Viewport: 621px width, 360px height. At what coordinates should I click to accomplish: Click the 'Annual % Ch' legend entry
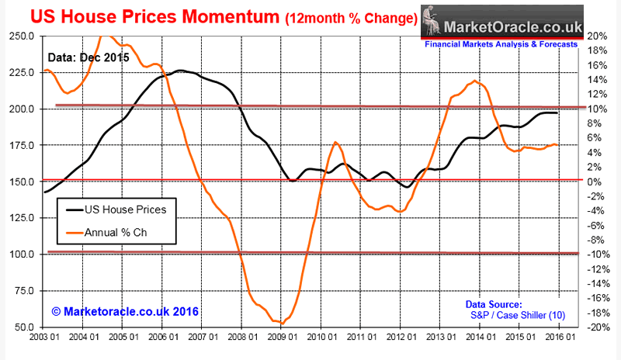tap(123, 232)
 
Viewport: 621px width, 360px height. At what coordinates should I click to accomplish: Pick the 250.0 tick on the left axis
tap(19, 36)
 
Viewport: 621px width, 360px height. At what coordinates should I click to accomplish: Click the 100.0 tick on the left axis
tap(19, 254)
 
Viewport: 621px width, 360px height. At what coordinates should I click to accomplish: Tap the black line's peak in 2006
tap(179, 71)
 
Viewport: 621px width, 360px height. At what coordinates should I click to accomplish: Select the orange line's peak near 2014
tap(474, 81)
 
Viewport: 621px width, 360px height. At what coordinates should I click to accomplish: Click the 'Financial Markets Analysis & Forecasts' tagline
tap(501, 45)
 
